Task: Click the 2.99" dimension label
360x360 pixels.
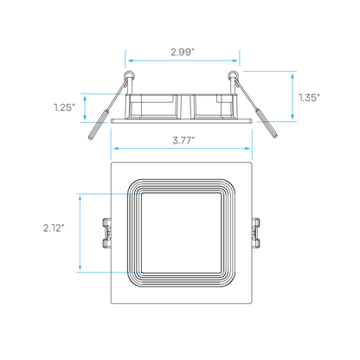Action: pyautogui.click(x=183, y=52)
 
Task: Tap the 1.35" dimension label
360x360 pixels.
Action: pyautogui.click(x=309, y=98)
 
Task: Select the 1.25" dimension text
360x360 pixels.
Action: pyautogui.click(x=65, y=107)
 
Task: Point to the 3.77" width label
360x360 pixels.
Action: pyautogui.click(x=183, y=140)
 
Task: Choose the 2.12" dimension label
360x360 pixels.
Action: pyautogui.click(x=54, y=228)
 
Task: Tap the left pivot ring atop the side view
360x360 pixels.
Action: pyautogui.click(x=129, y=74)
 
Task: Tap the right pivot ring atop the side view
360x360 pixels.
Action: pyautogui.click(x=233, y=74)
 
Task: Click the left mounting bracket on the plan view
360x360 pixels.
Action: pyautogui.click(x=107, y=233)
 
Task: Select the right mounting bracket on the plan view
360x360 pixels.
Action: pyautogui.click(x=256, y=233)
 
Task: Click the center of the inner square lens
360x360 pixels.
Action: pyautogui.click(x=182, y=233)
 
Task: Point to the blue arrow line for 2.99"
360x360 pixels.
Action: pyautogui.click(x=183, y=61)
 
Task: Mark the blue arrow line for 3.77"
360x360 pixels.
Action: pyautogui.click(x=182, y=148)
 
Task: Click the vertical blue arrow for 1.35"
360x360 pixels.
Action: pyautogui.click(x=292, y=96)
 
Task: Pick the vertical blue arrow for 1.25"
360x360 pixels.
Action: pyautogui.click(x=85, y=108)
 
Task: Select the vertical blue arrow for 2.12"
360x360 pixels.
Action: pyautogui.click(x=80, y=233)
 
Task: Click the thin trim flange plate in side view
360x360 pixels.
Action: pyautogui.click(x=182, y=120)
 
